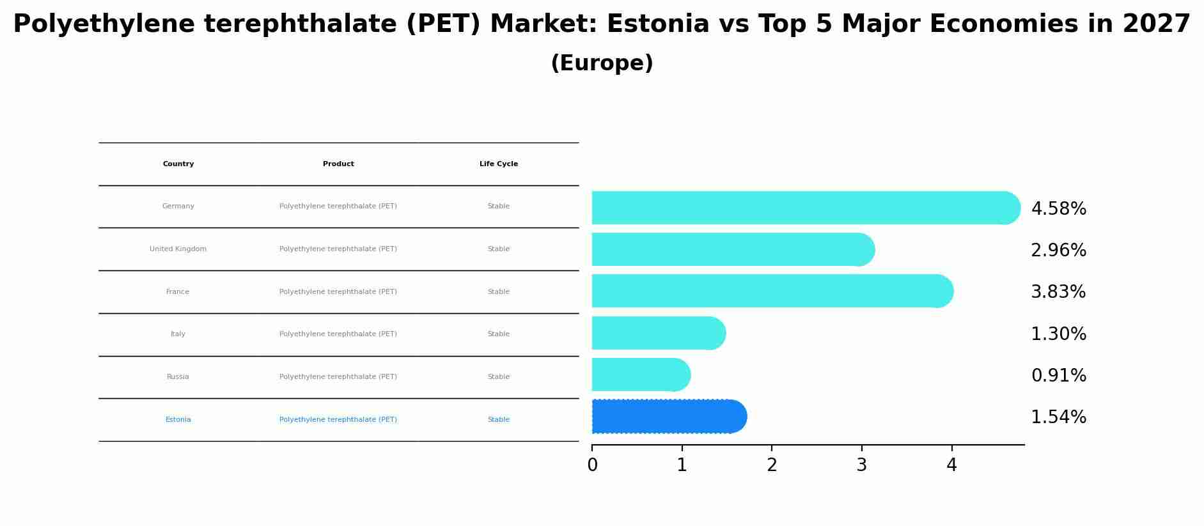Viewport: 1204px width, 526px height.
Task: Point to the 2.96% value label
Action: pos(1058,251)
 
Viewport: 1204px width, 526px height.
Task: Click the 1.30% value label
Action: pos(1058,334)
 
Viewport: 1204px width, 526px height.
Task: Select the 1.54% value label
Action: pos(1058,417)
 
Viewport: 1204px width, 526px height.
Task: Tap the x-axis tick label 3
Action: pos(862,465)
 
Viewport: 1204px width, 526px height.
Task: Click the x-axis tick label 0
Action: pos(593,465)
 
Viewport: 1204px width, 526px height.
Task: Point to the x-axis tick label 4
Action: pos(951,465)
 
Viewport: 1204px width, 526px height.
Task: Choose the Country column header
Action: pos(178,164)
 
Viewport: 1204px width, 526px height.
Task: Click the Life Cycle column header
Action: pos(499,164)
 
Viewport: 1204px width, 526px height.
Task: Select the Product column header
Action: pos(338,164)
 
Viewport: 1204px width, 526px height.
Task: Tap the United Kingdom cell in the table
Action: pos(178,249)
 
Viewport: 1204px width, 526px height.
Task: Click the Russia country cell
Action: pos(178,377)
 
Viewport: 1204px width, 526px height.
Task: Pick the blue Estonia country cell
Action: pos(178,420)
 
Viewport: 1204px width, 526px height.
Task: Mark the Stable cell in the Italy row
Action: pos(499,334)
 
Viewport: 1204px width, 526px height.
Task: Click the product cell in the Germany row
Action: pos(338,206)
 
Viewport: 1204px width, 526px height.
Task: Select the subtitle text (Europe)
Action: pos(602,63)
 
